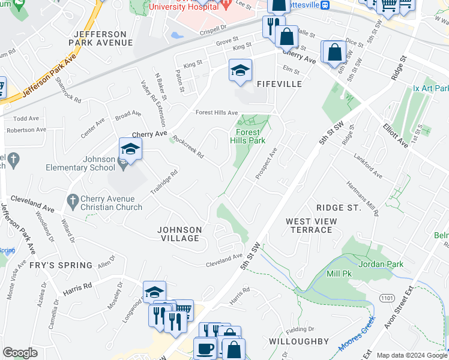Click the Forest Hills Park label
click(x=247, y=136)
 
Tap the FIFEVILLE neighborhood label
click(x=279, y=84)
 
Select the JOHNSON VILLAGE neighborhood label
click(x=178, y=234)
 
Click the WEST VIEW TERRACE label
click(x=311, y=226)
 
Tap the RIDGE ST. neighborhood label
click(x=339, y=208)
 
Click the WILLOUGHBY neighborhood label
click(x=298, y=341)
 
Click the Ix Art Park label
click(x=430, y=88)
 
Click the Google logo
click(x=20, y=353)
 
